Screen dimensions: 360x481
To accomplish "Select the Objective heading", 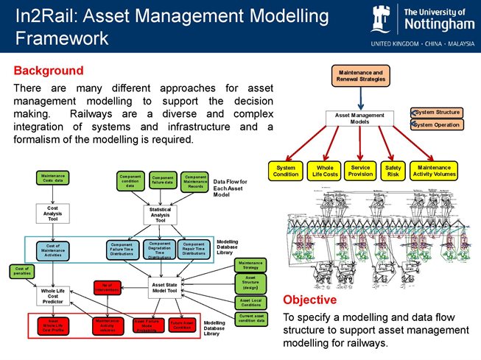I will [x=310, y=300].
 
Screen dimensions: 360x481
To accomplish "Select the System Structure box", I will [x=436, y=113].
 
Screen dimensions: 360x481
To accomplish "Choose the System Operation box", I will [x=436, y=124].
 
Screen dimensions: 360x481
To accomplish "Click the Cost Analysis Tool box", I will [x=52, y=213].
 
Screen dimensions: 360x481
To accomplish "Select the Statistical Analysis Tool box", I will [x=160, y=214].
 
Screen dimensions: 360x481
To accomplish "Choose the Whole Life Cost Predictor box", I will [x=52, y=294].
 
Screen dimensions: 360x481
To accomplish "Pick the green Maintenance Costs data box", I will [x=52, y=178].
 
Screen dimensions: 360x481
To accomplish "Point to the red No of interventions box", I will [x=108, y=287].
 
